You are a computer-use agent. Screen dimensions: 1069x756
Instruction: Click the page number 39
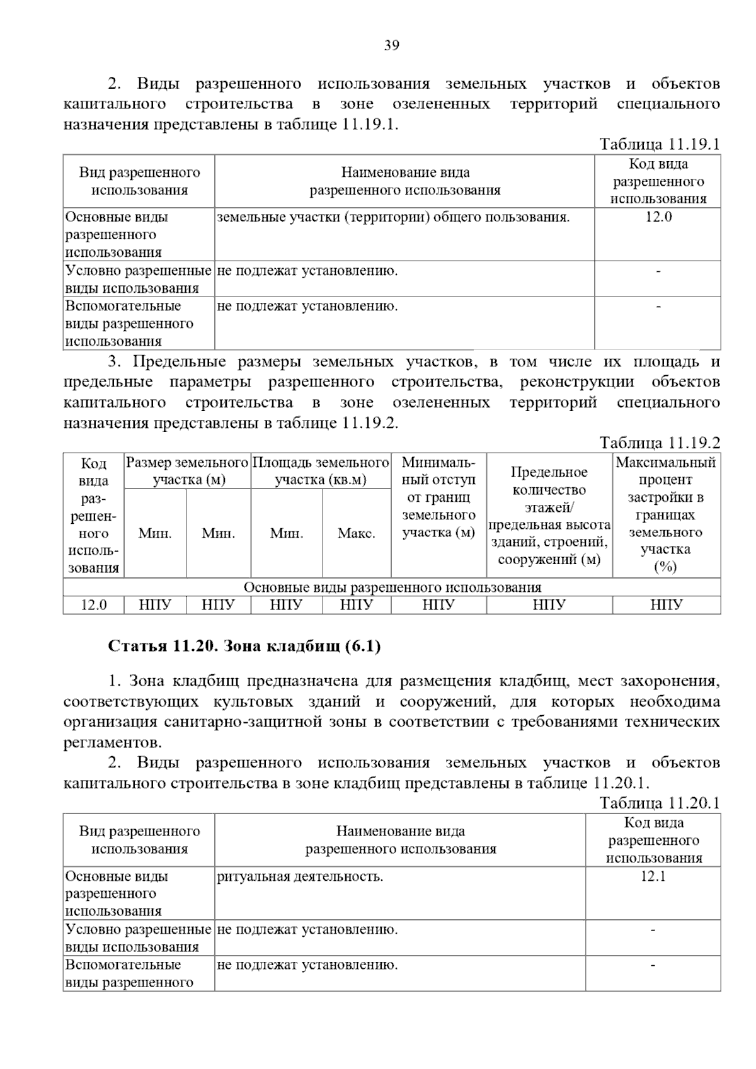(391, 45)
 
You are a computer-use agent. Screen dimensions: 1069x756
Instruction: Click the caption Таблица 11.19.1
(659, 144)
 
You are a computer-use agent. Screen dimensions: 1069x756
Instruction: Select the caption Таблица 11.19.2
(659, 443)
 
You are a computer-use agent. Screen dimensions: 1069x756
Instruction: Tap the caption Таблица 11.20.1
(659, 803)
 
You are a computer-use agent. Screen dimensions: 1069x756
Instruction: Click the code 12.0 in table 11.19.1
(658, 217)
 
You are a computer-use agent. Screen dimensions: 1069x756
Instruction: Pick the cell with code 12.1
(653, 876)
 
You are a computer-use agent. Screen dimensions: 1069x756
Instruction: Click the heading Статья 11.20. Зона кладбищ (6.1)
(244, 646)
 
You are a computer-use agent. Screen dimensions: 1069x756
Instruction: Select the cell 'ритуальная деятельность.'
(300, 876)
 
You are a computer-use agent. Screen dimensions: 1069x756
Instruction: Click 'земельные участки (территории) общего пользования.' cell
(393, 217)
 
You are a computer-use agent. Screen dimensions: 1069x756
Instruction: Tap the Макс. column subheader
(357, 533)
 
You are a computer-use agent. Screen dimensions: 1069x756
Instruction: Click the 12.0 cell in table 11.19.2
(94, 605)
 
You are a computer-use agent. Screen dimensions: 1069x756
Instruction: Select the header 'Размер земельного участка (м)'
(188, 471)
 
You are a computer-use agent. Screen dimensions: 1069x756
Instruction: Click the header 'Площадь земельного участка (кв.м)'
(321, 471)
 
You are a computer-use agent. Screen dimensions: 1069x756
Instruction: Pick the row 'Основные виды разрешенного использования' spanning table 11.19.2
(392, 587)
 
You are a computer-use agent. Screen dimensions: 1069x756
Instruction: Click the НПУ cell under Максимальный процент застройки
(666, 605)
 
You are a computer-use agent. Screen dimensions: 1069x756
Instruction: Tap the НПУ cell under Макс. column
(357, 605)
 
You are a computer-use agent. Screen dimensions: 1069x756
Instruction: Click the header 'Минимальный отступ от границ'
(438, 497)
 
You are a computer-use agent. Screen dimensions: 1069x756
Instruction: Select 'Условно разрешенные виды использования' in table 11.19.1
(139, 280)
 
